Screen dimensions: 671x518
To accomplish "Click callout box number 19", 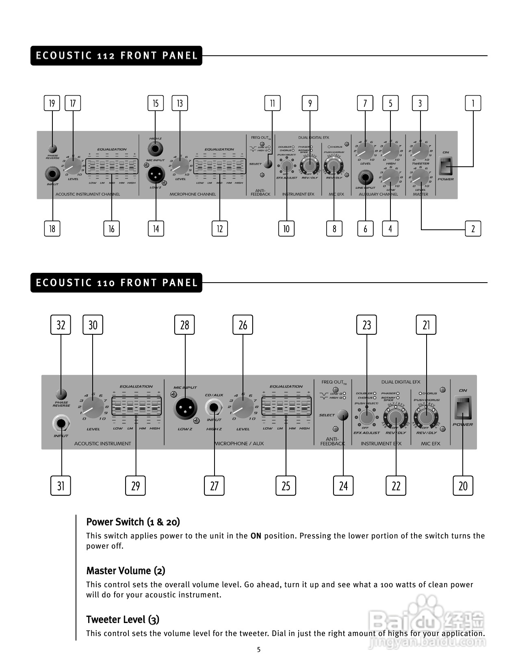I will (52, 103).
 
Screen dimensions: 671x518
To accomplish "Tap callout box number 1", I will (473, 103).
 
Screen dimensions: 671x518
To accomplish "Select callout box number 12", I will (220, 229).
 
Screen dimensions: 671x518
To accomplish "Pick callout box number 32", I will (61, 325).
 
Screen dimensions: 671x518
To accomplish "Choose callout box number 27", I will (214, 486).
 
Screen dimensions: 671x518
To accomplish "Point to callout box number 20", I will (463, 486).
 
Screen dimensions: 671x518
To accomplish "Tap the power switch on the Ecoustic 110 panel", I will (463, 408).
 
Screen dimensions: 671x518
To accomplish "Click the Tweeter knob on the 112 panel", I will (420, 152).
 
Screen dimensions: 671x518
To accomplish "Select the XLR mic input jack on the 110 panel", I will (185, 408).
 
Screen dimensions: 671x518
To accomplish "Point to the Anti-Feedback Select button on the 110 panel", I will (343, 415).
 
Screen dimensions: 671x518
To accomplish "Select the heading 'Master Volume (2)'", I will (126, 571).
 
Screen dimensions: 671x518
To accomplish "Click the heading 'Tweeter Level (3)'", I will (123, 619).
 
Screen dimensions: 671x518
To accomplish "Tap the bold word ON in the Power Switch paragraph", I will (256, 536).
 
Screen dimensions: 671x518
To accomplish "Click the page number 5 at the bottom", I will (259, 649).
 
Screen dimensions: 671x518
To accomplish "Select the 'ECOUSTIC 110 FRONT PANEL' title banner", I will (116, 283).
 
